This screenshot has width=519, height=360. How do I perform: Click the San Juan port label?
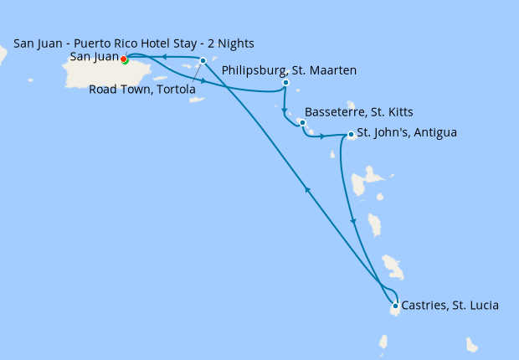pyautogui.click(x=94, y=57)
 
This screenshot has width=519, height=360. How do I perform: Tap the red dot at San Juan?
pyautogui.click(x=123, y=59)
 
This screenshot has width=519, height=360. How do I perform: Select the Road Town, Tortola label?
pyautogui.click(x=142, y=90)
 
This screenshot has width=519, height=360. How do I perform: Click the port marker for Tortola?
pyautogui.click(x=203, y=60)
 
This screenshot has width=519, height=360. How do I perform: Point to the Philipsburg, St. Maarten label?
pyautogui.click(x=289, y=71)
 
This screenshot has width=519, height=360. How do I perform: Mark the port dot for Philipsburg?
pyautogui.click(x=286, y=83)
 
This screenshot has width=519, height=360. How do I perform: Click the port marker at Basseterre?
pyautogui.click(x=302, y=122)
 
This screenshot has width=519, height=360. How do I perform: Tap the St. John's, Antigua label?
pyautogui.click(x=407, y=132)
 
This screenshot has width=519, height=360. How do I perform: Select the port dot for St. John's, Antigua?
pyautogui.click(x=350, y=134)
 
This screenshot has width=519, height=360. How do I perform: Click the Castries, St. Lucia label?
pyautogui.click(x=450, y=306)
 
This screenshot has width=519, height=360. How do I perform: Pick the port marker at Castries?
pyautogui.click(x=395, y=306)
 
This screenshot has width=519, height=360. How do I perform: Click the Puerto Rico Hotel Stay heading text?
pyautogui.click(x=134, y=43)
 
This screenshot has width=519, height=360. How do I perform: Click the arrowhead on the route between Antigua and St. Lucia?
pyautogui.click(x=353, y=221)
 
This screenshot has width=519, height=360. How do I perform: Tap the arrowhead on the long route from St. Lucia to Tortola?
pyautogui.click(x=308, y=190)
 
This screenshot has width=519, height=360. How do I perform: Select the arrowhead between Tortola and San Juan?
pyautogui.click(x=165, y=57)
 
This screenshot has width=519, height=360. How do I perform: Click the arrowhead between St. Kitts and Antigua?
pyautogui.click(x=322, y=135)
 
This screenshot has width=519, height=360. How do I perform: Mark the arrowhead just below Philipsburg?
pyautogui.click(x=285, y=111)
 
